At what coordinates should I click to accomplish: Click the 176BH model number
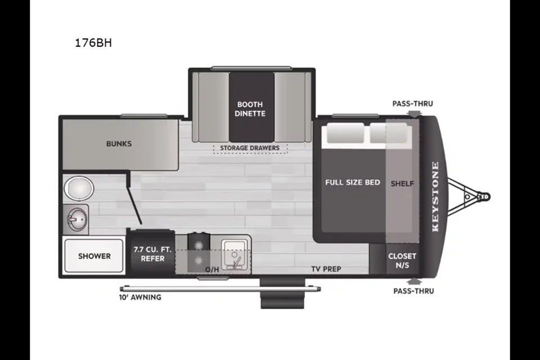(93, 43)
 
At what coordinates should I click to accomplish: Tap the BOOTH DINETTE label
(250, 109)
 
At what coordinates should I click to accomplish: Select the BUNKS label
(119, 143)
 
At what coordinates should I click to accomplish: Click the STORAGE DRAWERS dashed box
(250, 148)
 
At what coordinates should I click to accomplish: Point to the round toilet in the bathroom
(79, 188)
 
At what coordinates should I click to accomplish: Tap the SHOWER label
(94, 256)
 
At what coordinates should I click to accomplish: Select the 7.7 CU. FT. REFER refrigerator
(152, 254)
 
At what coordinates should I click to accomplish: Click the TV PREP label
(326, 269)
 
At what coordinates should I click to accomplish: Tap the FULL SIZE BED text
(353, 182)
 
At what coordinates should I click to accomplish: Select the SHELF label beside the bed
(402, 183)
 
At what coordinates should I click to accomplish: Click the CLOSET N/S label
(402, 260)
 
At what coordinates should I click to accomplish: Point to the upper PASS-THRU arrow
(413, 113)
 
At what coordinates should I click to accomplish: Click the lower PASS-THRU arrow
(413, 281)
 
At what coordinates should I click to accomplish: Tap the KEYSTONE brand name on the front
(435, 197)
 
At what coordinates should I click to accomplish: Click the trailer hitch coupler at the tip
(484, 197)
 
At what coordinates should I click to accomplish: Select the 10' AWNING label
(140, 297)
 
